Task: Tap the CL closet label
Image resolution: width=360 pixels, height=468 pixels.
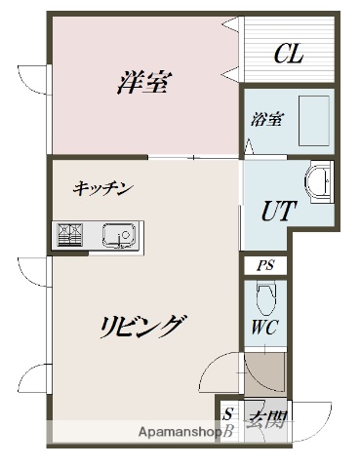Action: [288, 53]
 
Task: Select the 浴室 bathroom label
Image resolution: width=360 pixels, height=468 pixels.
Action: [266, 120]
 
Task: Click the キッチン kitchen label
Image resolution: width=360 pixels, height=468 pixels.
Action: [101, 189]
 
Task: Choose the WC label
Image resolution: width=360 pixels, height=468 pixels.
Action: [263, 327]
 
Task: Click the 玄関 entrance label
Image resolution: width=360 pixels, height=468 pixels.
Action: [265, 421]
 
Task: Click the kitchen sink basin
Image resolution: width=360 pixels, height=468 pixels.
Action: [120, 235]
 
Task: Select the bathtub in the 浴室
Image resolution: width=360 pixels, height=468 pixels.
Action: [314, 120]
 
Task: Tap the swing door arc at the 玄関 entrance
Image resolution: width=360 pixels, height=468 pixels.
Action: [303, 417]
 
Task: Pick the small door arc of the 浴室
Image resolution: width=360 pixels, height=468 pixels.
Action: [250, 144]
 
